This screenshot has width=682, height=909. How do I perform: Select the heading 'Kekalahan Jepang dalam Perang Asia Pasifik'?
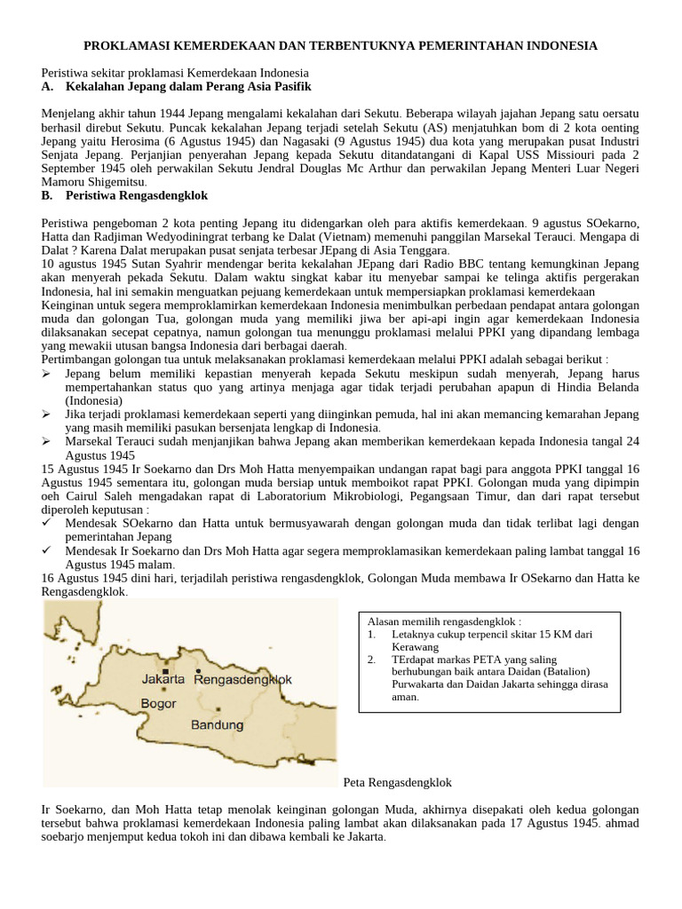click(188, 86)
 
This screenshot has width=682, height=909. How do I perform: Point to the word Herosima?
click(139, 141)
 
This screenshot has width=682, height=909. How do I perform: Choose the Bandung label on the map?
click(218, 725)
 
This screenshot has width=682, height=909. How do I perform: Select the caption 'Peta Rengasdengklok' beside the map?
click(397, 782)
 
